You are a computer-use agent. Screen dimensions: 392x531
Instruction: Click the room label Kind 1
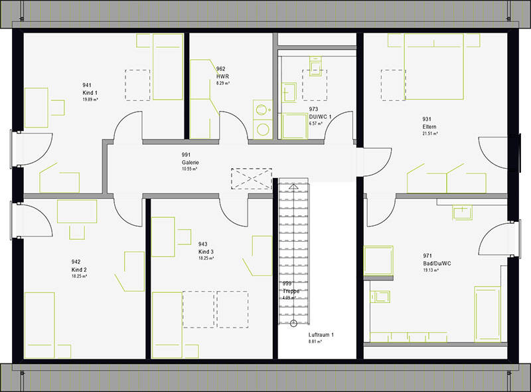(x=90, y=93)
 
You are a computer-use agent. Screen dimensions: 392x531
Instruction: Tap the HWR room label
(x=222, y=76)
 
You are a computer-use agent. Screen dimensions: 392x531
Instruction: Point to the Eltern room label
(x=429, y=127)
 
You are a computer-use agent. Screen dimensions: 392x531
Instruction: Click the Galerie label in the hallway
(x=190, y=162)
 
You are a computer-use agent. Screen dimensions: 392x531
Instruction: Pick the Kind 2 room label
(x=80, y=270)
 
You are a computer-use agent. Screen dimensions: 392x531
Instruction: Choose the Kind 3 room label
(x=206, y=252)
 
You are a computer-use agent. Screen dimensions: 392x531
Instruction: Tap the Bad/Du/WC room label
(x=437, y=263)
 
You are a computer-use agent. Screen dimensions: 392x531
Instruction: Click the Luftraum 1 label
(x=321, y=335)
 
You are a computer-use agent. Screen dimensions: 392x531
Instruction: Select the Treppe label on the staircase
(x=291, y=291)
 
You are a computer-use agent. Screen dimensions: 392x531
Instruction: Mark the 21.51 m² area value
(x=431, y=134)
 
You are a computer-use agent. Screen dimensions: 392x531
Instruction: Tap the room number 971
(x=428, y=256)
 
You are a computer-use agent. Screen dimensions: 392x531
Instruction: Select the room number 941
(x=86, y=85)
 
